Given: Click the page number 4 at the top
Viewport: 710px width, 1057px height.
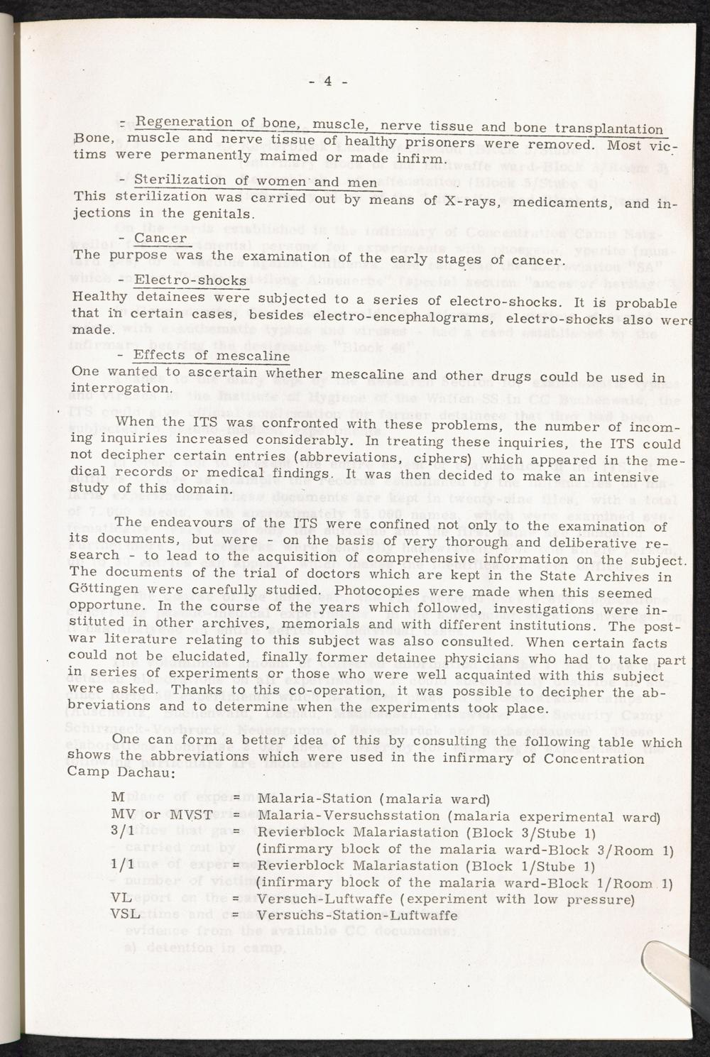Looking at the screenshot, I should (329, 80).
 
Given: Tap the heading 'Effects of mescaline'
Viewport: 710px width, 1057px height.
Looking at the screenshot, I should (212, 355).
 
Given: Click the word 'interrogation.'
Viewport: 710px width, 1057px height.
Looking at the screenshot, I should (121, 389).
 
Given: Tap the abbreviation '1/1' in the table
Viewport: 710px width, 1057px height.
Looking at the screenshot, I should (124, 866).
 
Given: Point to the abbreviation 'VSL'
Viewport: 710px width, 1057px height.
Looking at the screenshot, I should (126, 915).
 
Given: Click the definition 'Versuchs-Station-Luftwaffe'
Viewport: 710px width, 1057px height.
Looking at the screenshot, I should (357, 916).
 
